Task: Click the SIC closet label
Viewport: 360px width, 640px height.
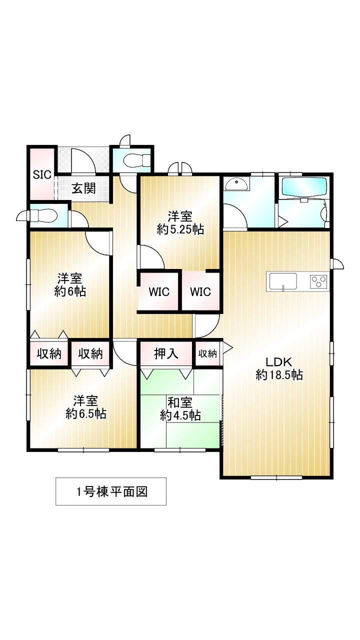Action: coord(42,174)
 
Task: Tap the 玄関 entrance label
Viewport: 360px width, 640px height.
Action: coord(83,188)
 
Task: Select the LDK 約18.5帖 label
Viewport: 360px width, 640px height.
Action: coord(278,368)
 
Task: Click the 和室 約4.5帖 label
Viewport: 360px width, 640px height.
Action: coord(180,408)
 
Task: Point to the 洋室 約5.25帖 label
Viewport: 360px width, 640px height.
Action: coord(180,223)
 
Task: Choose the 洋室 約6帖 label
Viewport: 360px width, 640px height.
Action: coord(69,285)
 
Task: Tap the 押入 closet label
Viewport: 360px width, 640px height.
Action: coord(166,353)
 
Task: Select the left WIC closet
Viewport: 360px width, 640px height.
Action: coord(158,291)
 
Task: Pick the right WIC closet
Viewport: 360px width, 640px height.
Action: coord(200,291)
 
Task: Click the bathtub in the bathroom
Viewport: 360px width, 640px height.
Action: coord(304,186)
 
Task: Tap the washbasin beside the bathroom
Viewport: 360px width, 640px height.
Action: coord(236,184)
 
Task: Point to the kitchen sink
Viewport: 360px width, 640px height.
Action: coord(283,281)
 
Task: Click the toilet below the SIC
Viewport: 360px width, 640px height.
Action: coord(45,216)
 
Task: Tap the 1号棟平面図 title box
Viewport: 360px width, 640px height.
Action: coord(110,491)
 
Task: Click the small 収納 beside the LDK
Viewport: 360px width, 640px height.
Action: coord(208,353)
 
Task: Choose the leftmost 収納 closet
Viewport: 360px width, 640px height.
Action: coord(49,354)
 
